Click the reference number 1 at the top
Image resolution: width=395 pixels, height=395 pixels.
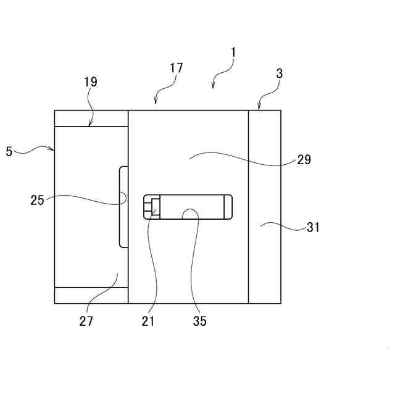(x=233, y=53)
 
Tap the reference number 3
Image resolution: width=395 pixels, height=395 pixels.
(x=280, y=73)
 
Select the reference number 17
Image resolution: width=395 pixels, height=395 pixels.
(x=177, y=68)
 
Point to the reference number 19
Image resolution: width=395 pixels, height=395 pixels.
(x=90, y=81)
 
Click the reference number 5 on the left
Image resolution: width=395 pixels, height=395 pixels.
(x=9, y=151)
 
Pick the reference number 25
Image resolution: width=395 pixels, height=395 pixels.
(x=37, y=200)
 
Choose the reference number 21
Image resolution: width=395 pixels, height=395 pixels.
(x=148, y=321)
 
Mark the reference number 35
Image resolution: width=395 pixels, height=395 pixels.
(x=199, y=321)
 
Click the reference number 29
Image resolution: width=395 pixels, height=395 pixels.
(x=304, y=160)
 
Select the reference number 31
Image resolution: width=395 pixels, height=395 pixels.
(x=314, y=227)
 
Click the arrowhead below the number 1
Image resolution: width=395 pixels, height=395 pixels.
(x=213, y=87)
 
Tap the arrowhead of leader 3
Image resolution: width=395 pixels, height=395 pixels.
(x=259, y=109)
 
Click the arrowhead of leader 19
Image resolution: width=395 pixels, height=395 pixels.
(x=91, y=126)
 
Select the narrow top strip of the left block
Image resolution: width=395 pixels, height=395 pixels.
(x=91, y=118)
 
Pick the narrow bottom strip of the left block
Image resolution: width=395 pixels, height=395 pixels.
(x=91, y=295)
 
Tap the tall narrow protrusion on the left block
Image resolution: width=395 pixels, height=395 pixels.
(x=123, y=207)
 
